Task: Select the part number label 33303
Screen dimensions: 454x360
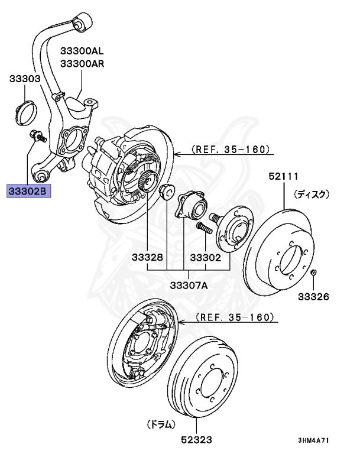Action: point(24,79)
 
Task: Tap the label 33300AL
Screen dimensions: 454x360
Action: point(82,51)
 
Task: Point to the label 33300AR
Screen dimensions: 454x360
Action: point(82,63)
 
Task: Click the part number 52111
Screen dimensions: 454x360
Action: point(283,176)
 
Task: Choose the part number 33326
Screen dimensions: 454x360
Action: point(313,296)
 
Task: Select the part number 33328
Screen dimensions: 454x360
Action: point(147,258)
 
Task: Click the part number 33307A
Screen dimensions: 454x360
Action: point(189,285)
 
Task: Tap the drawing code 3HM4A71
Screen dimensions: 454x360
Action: point(313,440)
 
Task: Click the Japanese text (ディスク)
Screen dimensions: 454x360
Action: point(312,193)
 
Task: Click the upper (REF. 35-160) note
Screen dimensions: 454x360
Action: point(230,150)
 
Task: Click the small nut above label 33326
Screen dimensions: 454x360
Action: point(314,273)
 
